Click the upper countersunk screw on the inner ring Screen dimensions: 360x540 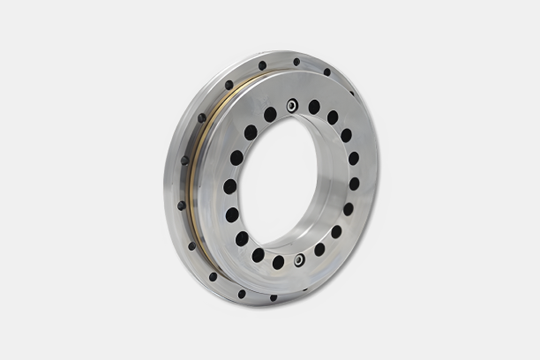[292, 105]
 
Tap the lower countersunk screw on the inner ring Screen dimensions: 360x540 [300, 259]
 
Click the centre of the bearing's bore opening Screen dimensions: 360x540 [292, 181]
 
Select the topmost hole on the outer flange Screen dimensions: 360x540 [296, 62]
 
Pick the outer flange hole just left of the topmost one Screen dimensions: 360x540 [262, 65]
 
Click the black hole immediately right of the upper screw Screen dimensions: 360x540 [314, 107]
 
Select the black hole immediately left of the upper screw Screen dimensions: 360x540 [270, 114]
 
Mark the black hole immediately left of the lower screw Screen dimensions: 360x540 [278, 262]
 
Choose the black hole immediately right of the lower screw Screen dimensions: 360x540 [319, 250]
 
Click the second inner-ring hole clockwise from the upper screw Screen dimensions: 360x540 [333, 117]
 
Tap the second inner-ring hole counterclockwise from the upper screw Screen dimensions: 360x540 [251, 132]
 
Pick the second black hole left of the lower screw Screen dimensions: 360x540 [259, 255]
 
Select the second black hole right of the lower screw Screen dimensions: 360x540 [336, 231]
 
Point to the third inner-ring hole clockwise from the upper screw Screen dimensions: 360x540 [346, 136]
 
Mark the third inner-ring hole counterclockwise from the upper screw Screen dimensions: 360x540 [236, 158]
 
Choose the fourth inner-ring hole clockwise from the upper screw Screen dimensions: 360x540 [354, 159]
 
